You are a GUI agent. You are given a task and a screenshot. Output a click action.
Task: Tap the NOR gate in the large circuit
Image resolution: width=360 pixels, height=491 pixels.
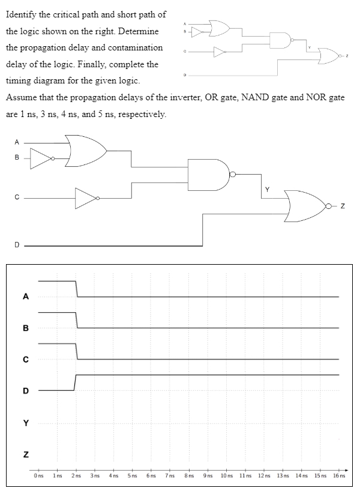click(x=305, y=206)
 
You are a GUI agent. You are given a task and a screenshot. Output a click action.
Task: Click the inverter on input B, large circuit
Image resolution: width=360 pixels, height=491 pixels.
click(x=42, y=159)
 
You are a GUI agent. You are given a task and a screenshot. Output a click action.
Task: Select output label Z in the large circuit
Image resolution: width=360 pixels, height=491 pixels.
click(x=342, y=207)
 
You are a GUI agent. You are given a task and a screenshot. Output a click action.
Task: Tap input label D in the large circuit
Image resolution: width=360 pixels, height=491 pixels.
click(x=17, y=245)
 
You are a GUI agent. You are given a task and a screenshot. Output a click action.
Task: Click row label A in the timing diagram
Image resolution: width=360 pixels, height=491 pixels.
click(x=25, y=296)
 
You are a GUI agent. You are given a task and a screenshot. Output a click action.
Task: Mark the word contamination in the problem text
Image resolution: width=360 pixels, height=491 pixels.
click(x=134, y=47)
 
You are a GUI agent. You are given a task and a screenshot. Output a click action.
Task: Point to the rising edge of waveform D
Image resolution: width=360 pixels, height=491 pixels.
click(x=76, y=382)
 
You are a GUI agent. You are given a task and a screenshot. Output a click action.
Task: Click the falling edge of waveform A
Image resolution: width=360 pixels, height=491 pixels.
click(x=77, y=289)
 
